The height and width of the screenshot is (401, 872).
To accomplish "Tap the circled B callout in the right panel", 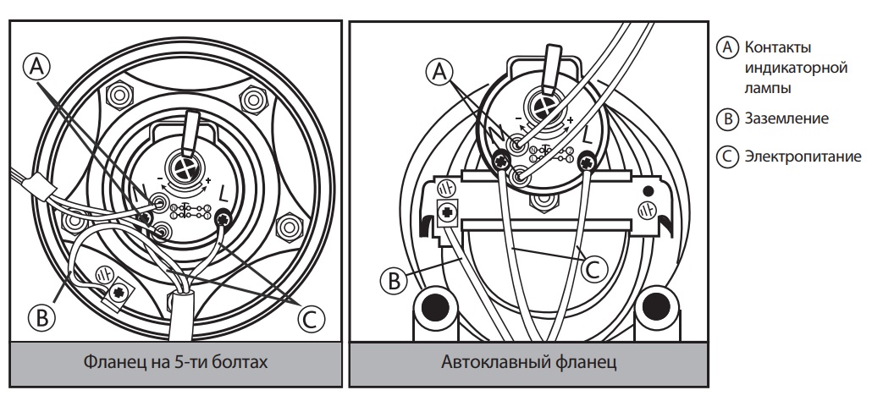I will click(x=392, y=280).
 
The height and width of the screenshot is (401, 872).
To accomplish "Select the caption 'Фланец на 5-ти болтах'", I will click(x=178, y=363).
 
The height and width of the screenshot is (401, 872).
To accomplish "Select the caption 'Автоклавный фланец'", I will click(x=528, y=363).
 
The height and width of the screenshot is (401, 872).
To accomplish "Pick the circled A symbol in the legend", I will click(x=724, y=46).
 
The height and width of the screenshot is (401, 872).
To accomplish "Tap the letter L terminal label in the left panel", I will click(x=222, y=194).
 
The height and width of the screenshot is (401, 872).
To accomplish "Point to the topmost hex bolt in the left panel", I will click(x=118, y=91).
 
